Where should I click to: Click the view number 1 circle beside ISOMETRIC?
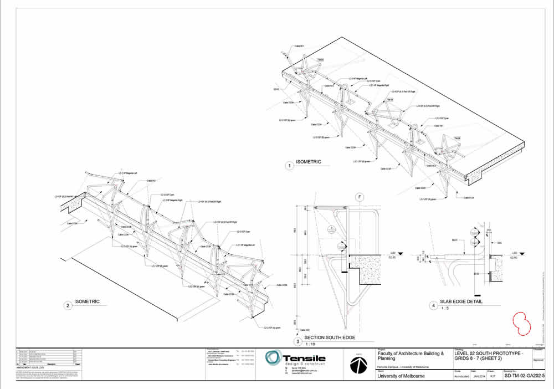[289, 165]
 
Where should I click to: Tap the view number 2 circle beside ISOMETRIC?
[68, 305]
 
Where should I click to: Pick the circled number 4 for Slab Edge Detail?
[433, 305]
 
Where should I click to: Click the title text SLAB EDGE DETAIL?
[461, 302]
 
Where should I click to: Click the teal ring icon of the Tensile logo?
[273, 359]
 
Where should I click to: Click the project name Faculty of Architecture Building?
[411, 353]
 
